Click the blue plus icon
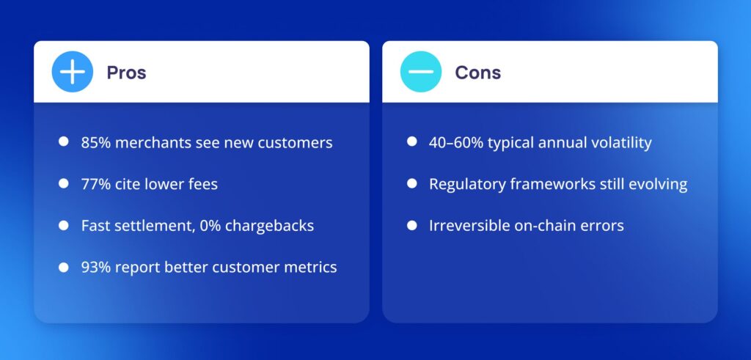(73, 72)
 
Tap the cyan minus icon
(421, 72)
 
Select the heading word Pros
(126, 73)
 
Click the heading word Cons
(478, 73)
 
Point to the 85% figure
(96, 143)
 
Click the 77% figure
(96, 184)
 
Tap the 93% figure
(96, 267)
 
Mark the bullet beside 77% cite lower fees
(64, 183)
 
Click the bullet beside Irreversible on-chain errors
(412, 225)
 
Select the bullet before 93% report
(64, 267)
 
